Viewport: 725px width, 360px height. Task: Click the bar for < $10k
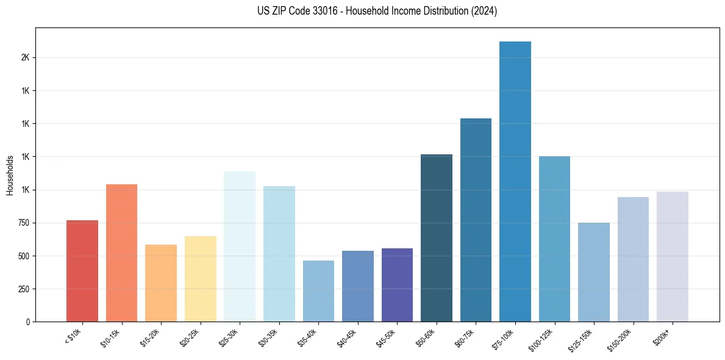(82, 271)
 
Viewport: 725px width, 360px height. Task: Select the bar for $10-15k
(121, 253)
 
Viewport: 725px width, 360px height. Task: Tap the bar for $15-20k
(161, 283)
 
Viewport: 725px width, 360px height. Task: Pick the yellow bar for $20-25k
(201, 279)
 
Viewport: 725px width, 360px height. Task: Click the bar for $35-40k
(318, 291)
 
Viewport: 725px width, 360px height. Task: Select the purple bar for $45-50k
(397, 285)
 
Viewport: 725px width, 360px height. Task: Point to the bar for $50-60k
(437, 238)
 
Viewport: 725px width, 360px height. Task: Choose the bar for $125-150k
(594, 272)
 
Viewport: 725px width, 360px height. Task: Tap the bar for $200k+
(673, 256)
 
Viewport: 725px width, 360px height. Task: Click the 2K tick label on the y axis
(24, 57)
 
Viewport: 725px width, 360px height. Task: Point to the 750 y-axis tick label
(23, 223)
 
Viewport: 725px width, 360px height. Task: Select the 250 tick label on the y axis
(23, 289)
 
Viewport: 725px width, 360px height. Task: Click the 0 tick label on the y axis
(27, 322)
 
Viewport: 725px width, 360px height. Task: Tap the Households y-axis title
(10, 175)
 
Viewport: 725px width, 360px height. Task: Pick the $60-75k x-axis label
(466, 337)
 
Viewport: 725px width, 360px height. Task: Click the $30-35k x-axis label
(269, 337)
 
